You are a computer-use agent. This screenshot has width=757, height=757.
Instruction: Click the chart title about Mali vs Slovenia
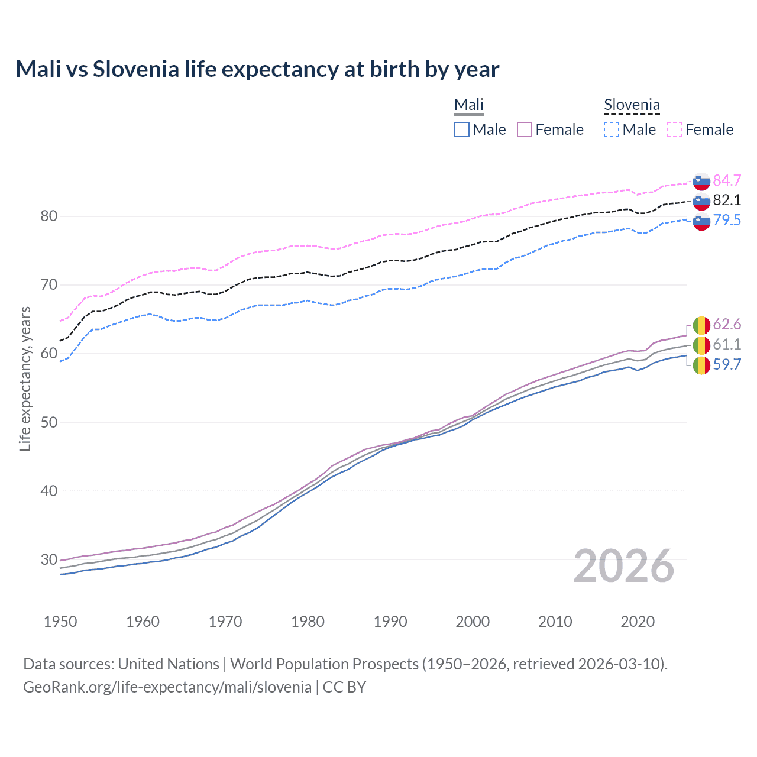point(257,69)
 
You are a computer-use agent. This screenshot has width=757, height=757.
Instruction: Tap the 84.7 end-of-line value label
point(727,180)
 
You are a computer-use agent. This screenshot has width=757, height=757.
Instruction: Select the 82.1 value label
point(727,200)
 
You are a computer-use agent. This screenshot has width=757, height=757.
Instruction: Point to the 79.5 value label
point(727,220)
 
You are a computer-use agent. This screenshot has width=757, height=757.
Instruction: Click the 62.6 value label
point(727,324)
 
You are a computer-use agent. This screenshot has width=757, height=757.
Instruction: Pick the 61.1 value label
point(727,344)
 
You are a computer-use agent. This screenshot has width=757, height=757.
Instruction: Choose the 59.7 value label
point(727,364)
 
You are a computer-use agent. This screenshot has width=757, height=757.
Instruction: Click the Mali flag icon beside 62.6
point(701,325)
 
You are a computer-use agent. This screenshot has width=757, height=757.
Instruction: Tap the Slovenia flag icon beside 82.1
point(701,201)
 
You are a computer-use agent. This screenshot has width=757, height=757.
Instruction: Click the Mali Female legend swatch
point(525,130)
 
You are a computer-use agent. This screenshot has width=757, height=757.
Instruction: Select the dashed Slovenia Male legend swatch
point(612,130)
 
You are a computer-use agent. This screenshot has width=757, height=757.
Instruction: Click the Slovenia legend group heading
point(632,105)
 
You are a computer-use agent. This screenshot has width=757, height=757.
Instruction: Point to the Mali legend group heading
point(469,105)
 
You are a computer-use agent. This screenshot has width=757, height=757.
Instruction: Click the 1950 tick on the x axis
point(60,622)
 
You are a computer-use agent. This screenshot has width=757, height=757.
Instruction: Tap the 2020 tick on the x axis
point(638,622)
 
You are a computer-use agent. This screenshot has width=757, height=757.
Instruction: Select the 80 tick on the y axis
point(49,216)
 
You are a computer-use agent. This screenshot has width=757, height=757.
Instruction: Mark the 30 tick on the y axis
point(49,559)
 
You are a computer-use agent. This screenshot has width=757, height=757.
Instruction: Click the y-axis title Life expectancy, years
point(25,378)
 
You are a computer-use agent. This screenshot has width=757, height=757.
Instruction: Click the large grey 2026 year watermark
point(624,566)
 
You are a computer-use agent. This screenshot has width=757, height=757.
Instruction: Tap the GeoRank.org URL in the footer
point(167,687)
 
